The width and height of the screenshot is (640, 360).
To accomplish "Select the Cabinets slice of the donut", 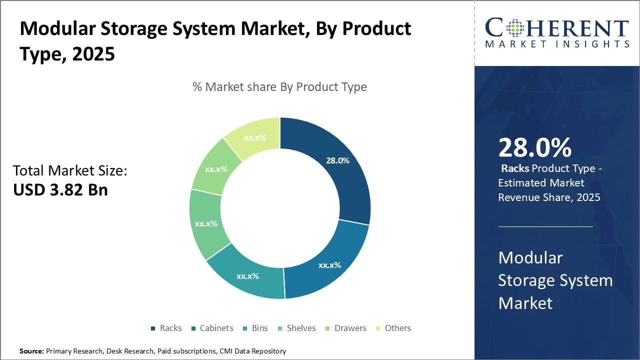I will pyautogui.click(x=327, y=262).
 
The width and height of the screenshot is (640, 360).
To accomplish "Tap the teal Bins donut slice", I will pyautogui.click(x=247, y=275).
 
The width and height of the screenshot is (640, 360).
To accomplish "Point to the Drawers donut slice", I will pyautogui.click(x=216, y=169).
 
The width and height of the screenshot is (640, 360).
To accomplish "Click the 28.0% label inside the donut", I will pyautogui.click(x=337, y=160).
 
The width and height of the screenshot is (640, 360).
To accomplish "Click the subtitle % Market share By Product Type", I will pyautogui.click(x=279, y=87).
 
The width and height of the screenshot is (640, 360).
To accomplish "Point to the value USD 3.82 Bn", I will pyautogui.click(x=60, y=189).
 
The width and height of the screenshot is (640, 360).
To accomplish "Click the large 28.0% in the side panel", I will pyautogui.click(x=534, y=148).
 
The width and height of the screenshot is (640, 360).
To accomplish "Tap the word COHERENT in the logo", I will pyautogui.click(x=556, y=29).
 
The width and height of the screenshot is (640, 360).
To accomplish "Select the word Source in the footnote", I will pyautogui.click(x=31, y=351).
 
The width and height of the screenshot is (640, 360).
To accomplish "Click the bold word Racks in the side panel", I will pyautogui.click(x=515, y=168).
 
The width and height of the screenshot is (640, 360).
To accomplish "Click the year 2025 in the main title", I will pyautogui.click(x=93, y=54).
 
